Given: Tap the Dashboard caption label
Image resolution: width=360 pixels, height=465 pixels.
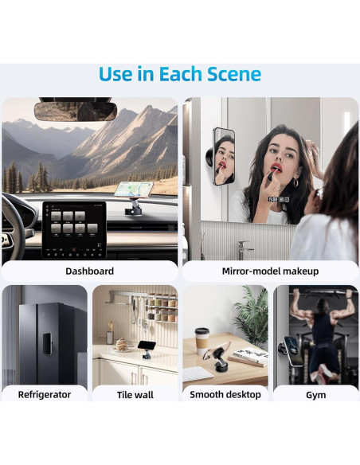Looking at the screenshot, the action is point(89,271).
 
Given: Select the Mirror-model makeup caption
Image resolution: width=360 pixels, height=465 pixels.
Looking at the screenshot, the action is point(270,271).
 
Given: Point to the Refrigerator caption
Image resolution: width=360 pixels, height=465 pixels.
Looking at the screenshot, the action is point(45,395).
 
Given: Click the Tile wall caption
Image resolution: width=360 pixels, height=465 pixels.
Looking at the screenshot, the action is point(135,395).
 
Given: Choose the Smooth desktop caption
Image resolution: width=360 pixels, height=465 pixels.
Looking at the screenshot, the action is point(225,395).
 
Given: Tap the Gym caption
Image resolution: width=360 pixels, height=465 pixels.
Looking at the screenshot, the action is point(316,395).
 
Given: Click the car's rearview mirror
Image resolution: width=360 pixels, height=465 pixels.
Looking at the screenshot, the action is point(76,111).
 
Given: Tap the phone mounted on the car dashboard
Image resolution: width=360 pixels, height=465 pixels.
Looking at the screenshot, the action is point(134,190).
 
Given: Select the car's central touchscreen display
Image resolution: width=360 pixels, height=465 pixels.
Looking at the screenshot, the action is point(74,230).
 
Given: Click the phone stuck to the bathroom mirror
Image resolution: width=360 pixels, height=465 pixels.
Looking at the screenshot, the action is point(224,156).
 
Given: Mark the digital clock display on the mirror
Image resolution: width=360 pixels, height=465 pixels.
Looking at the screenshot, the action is point(279,200).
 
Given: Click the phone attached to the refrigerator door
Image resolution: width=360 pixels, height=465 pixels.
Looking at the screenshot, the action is point(47,343).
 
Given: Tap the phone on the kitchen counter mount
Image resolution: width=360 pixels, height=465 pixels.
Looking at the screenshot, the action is point(147,345).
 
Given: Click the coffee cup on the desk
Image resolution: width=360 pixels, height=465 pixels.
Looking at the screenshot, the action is point(202,342).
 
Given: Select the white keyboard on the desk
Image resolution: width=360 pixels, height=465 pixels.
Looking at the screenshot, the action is point(197,373).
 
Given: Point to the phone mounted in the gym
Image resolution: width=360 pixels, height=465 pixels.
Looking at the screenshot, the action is point(293,351).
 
